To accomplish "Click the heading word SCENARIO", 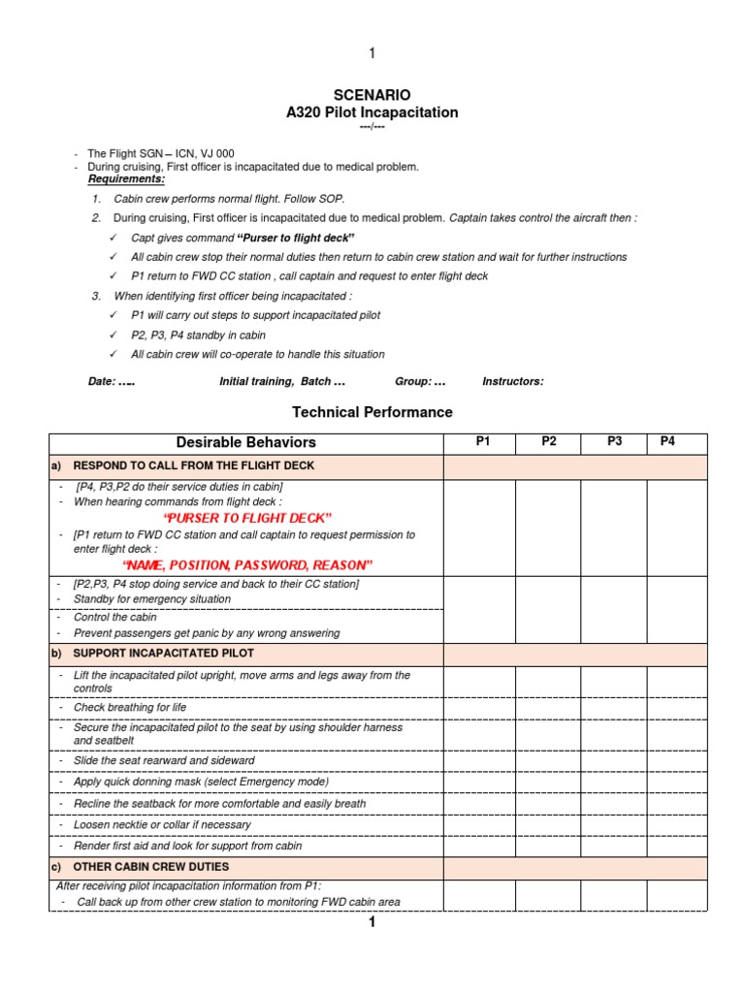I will tap(372, 95).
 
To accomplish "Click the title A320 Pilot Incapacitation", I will tap(372, 112).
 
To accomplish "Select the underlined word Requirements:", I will tap(126, 179).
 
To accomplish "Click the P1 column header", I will tap(482, 442).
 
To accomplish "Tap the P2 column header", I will tap(548, 442).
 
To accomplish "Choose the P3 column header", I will tap(614, 442).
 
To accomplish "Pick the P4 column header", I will tap(667, 442).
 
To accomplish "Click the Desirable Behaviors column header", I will tap(246, 443).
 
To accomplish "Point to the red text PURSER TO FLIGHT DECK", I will tap(247, 518).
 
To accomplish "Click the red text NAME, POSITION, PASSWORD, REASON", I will tap(247, 565).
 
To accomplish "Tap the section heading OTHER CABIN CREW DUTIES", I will tap(151, 866).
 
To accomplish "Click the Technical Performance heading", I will tap(372, 412).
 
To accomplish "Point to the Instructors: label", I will tap(512, 382).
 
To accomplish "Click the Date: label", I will tap(102, 382).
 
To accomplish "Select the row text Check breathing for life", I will tap(130, 708).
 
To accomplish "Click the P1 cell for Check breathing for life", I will tap(479, 708).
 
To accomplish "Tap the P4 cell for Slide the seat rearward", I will tap(677, 761).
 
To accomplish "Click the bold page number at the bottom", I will tap(371, 922).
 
